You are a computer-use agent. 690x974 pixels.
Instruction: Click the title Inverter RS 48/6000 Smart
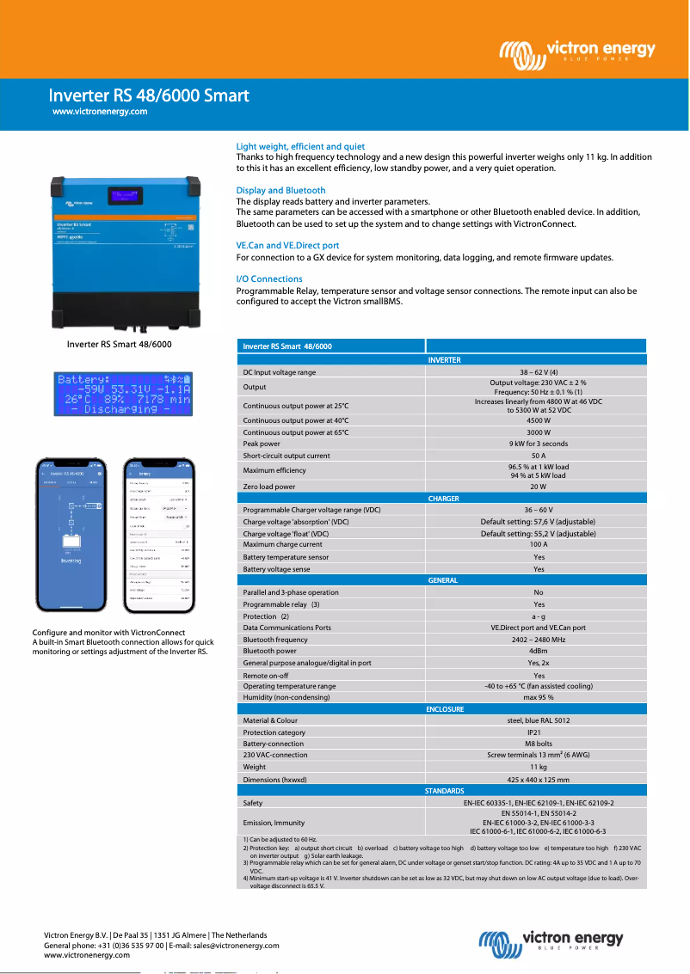149,95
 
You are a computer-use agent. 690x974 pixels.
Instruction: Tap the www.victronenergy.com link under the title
100,112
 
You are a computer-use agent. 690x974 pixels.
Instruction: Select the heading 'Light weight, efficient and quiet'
300,147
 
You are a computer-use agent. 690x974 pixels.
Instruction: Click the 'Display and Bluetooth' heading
280,190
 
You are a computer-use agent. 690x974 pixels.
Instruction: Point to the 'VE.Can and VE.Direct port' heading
287,246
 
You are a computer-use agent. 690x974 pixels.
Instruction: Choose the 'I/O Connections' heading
269,279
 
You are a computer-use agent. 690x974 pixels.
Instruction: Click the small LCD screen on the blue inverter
126,197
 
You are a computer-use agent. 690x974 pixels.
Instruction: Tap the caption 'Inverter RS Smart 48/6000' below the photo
120,345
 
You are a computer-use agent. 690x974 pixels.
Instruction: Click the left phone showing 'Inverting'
71,536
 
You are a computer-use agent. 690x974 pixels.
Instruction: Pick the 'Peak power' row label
262,444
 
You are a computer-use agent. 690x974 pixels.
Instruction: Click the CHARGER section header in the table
443,499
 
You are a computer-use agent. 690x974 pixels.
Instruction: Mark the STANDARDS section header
444,790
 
